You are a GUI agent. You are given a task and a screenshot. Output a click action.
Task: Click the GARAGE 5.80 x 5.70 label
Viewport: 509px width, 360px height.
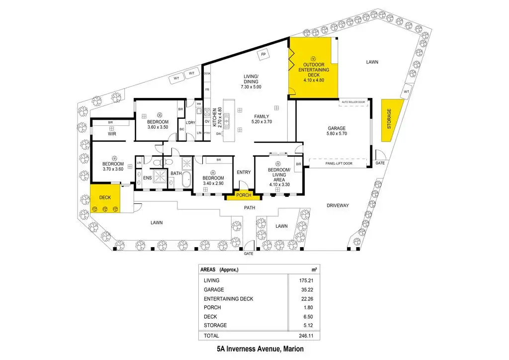[337, 130]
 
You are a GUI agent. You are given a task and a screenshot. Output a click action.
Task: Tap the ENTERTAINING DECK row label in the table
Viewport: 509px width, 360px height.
[228, 298]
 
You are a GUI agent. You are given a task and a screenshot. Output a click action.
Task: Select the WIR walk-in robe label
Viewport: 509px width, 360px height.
[112, 134]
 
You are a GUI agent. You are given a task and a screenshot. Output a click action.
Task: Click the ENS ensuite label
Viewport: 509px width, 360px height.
[147, 178]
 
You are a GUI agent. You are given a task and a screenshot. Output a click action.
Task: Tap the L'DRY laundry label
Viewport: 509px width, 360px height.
[190, 122]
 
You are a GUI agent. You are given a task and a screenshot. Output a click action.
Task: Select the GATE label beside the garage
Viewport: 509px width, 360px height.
[380, 163]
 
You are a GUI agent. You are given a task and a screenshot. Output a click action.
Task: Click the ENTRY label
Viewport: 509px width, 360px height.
[244, 172]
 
